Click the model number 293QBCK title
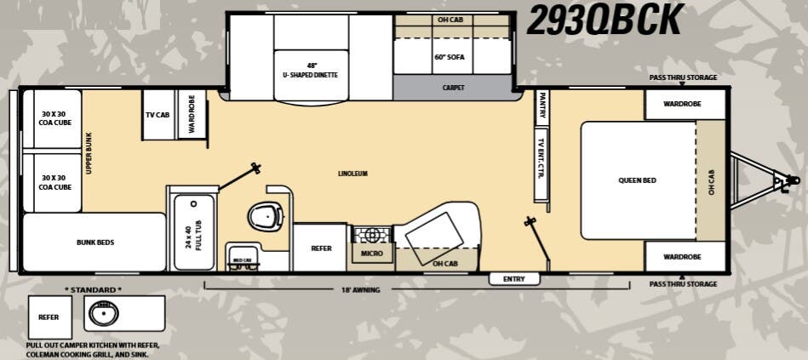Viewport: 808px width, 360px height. coord(605,20)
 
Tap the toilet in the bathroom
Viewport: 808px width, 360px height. coord(265,218)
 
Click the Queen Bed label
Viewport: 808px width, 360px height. coord(637,180)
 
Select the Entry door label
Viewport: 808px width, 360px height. coord(514,279)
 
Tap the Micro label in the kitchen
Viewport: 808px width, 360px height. coord(371,254)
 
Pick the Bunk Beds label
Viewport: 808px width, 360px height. coord(95,243)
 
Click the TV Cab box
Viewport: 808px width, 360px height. coord(157,115)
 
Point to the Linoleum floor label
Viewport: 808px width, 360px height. coord(352,174)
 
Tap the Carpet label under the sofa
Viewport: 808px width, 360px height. coord(453,88)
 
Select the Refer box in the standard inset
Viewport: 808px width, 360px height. coord(49,317)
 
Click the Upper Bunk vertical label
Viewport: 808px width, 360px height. coord(89,153)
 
